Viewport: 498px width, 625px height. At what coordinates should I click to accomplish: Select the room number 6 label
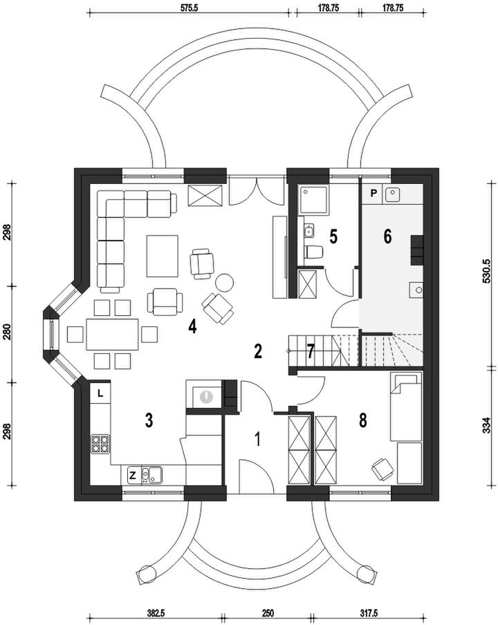click(x=387, y=236)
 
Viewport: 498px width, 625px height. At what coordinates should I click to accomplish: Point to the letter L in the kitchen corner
click(x=100, y=393)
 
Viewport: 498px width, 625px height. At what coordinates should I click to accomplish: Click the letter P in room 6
click(x=373, y=193)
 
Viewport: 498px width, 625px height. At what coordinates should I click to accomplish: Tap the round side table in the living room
click(x=225, y=283)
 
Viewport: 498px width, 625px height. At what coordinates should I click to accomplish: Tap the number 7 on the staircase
click(x=311, y=351)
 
